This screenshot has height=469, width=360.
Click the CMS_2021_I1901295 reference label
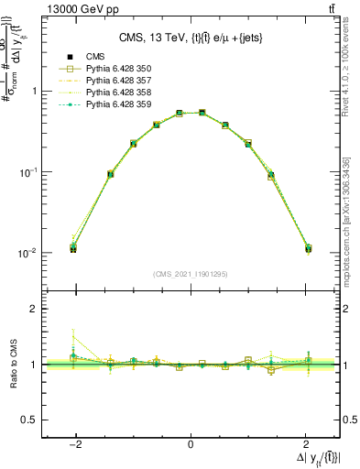(190, 274)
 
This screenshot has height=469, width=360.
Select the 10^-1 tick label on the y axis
(29, 172)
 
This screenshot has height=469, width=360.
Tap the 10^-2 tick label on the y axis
(29, 253)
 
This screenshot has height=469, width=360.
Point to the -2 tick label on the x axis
(75, 443)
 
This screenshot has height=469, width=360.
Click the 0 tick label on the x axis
(190, 443)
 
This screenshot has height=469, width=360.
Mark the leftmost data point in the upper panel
(73, 248)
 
